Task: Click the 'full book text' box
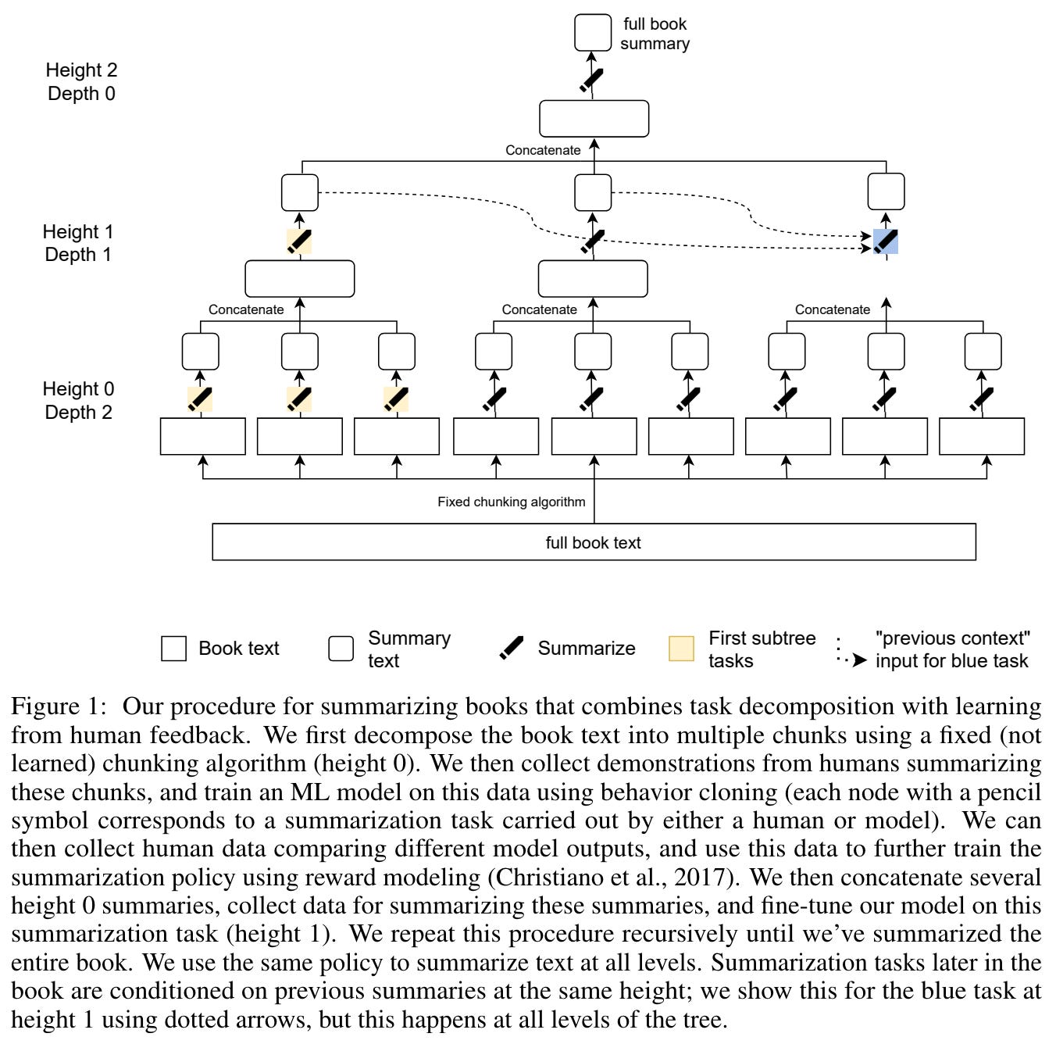coord(594,542)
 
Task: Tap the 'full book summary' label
coord(655,34)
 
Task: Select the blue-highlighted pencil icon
coord(886,241)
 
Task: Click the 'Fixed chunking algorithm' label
coord(511,502)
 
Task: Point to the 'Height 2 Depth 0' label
coord(81,82)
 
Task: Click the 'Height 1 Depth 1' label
coord(78,243)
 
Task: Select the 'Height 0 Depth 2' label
coord(78,400)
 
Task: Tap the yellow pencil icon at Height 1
coord(299,241)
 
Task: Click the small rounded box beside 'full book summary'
coord(593,33)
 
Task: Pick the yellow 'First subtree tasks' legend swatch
coord(681,649)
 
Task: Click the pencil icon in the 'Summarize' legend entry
coord(512,649)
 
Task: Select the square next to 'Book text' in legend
coord(173,649)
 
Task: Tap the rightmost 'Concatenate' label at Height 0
coord(832,309)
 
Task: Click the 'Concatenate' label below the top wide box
coord(543,150)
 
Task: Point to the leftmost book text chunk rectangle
coord(202,436)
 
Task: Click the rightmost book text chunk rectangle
coord(981,436)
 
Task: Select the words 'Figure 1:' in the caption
coord(59,706)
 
